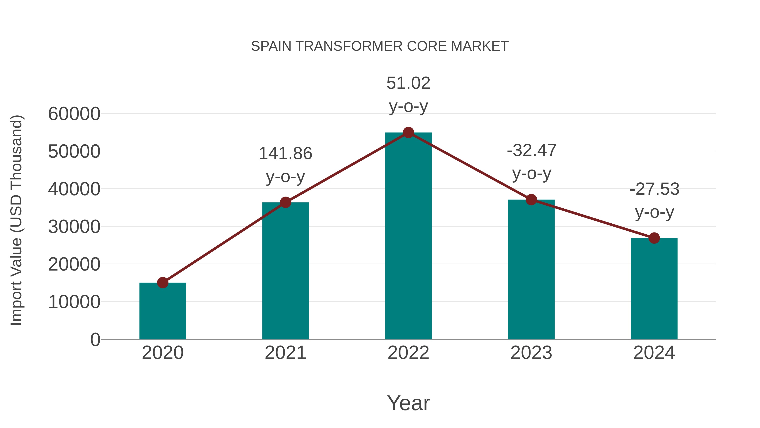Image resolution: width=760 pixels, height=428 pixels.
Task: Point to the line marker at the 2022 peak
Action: tap(408, 133)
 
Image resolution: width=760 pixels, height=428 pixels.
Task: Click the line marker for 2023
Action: tap(531, 200)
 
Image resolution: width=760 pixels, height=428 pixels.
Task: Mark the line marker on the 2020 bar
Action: tap(163, 283)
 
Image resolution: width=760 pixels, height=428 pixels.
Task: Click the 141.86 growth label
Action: tap(285, 154)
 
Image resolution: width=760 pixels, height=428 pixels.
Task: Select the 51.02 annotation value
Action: tap(408, 83)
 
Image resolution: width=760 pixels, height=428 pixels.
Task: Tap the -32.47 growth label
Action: tap(531, 150)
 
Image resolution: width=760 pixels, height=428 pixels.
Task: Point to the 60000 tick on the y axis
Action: tap(74, 114)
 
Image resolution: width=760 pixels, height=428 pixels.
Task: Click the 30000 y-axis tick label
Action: tap(74, 227)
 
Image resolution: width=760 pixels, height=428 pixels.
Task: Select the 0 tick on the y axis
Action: tap(95, 340)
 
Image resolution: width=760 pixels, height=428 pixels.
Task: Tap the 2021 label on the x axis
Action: tap(285, 353)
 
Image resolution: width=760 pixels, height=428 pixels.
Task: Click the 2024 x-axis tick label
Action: tap(654, 353)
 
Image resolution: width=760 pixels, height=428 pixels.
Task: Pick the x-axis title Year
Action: tap(408, 403)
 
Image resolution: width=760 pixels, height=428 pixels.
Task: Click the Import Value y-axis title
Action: tap(16, 220)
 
